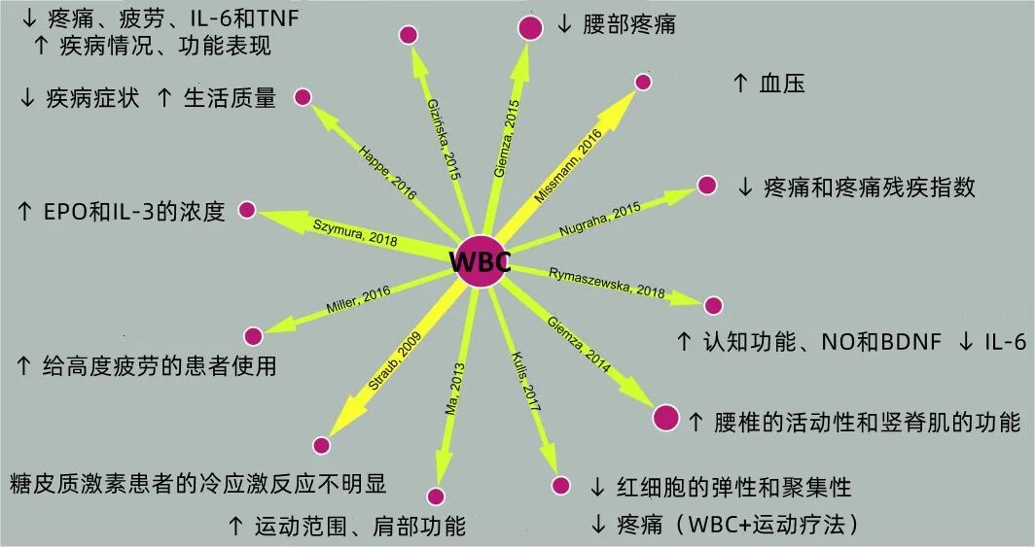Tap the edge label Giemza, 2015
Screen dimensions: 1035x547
[x=507, y=126]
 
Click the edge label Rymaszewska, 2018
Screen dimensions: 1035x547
[x=607, y=282]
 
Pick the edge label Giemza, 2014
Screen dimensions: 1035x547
[x=580, y=346]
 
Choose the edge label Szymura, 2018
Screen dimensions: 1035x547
[x=355, y=233]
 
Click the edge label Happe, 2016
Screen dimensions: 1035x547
[x=387, y=173]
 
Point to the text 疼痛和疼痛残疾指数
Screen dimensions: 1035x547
[x=869, y=187]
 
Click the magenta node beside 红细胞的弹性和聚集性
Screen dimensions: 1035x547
[x=560, y=485]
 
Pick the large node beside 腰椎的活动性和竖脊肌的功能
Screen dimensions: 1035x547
[x=665, y=418]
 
